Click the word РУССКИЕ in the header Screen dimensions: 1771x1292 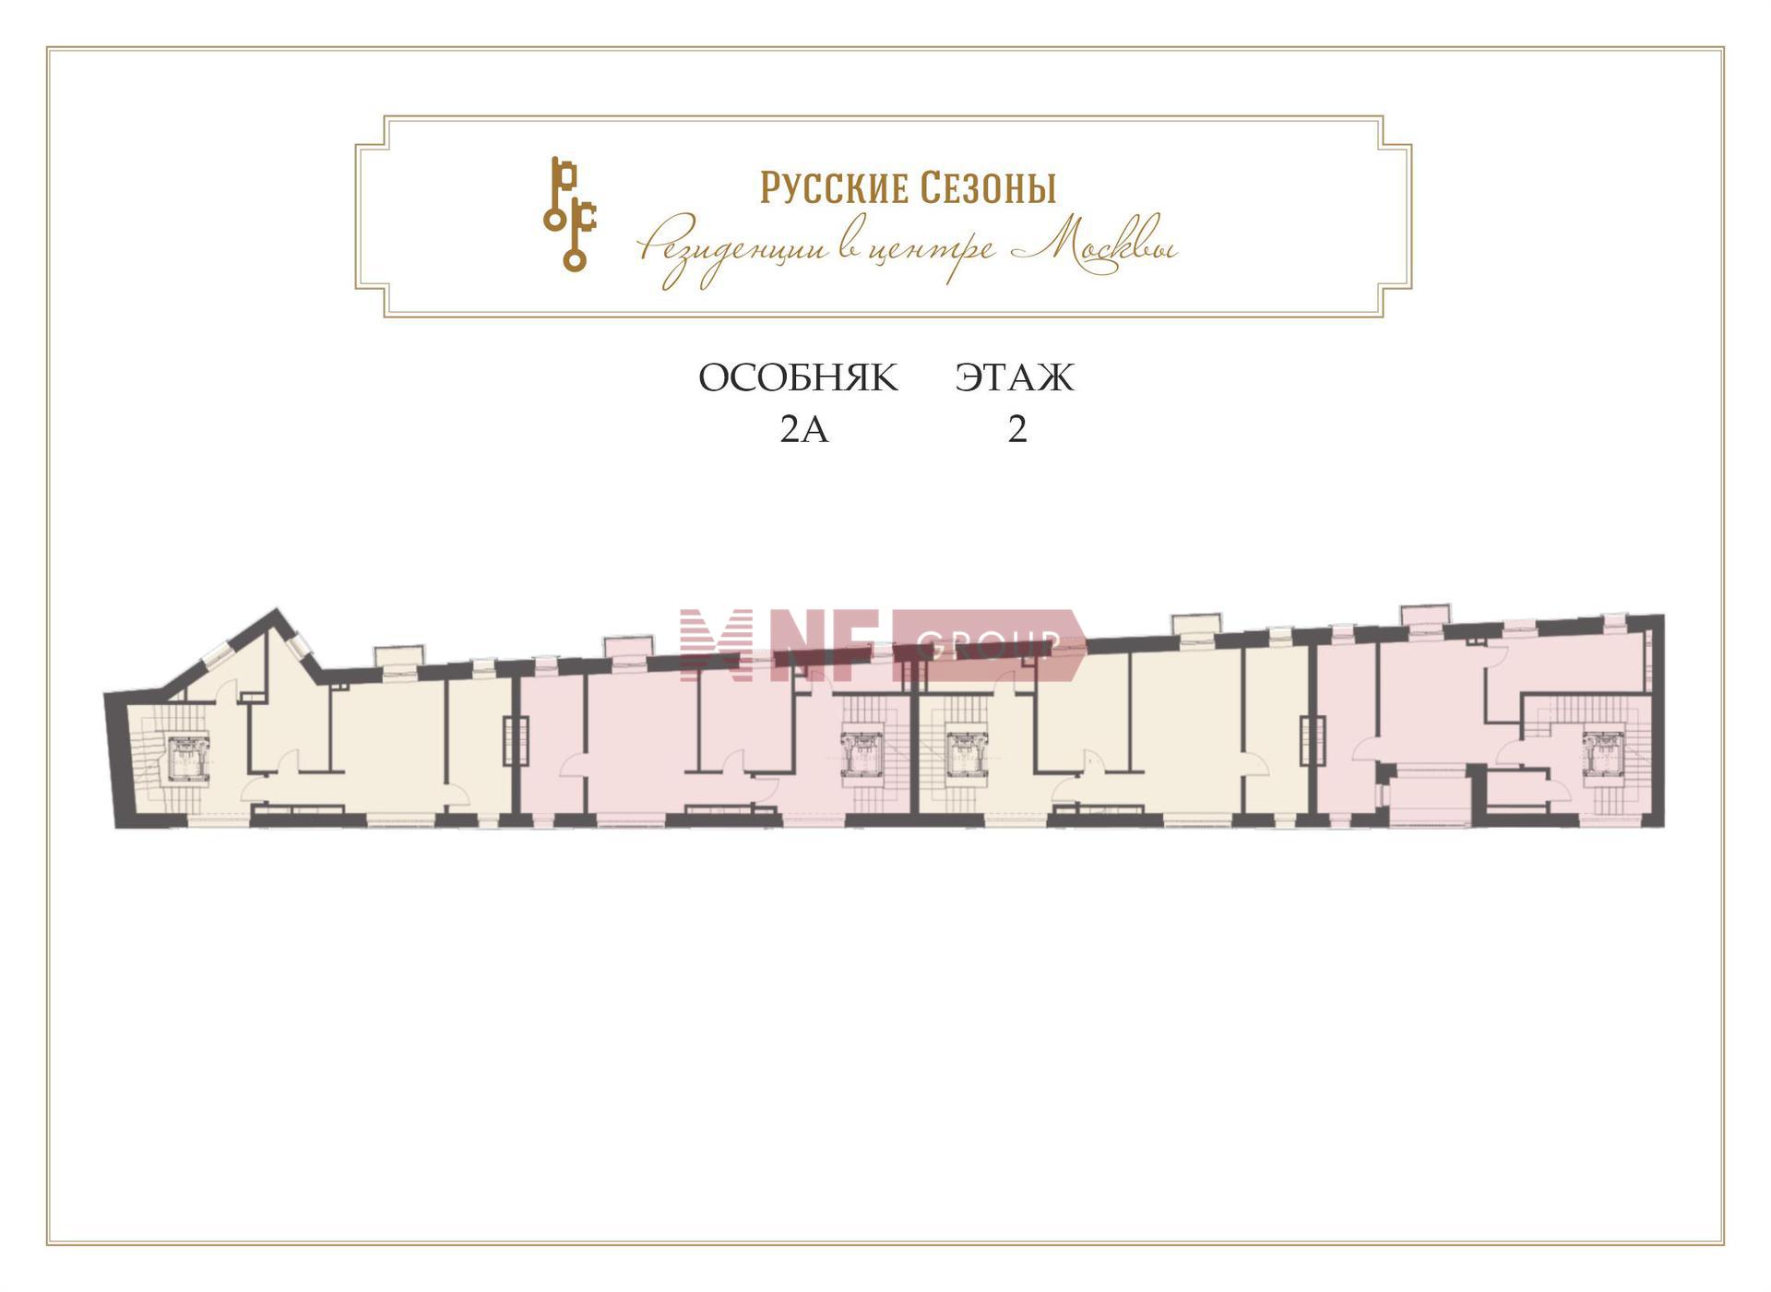point(835,187)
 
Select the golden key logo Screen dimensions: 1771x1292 point(569,214)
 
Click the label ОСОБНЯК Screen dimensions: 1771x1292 point(798,378)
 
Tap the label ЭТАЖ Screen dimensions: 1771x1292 point(1015,378)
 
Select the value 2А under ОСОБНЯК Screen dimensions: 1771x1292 point(804,430)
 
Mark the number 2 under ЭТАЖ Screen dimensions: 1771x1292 point(1017,430)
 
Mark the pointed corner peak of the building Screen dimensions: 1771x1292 point(276,609)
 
